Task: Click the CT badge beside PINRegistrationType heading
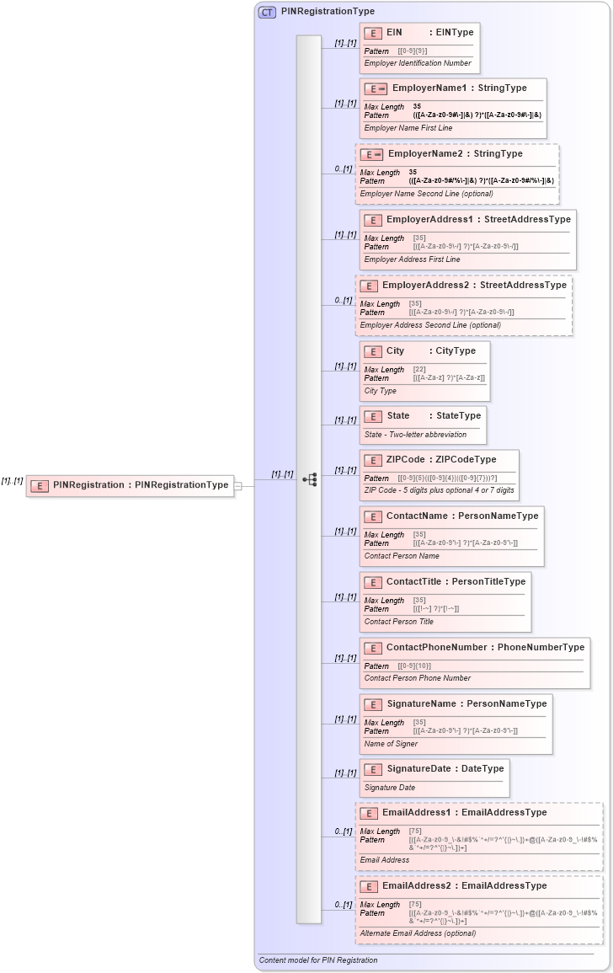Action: click(x=267, y=12)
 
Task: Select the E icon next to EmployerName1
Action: click(x=376, y=88)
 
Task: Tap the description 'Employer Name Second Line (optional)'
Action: click(x=426, y=194)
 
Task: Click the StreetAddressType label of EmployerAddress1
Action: click(x=527, y=220)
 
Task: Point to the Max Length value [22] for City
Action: click(x=419, y=370)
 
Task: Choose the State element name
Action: click(x=397, y=416)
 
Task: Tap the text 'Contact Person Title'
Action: click(x=398, y=622)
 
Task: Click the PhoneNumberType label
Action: click(x=541, y=648)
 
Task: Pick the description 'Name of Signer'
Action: click(x=391, y=744)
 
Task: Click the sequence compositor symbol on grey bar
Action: click(x=309, y=479)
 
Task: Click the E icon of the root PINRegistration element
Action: click(x=39, y=485)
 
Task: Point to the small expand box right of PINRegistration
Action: click(x=238, y=485)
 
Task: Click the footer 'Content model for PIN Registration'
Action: click(x=318, y=960)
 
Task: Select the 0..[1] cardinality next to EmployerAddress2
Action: click(x=342, y=301)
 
